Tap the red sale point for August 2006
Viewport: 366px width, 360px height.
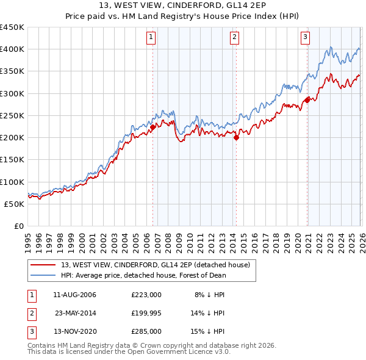pyautogui.click(x=153, y=127)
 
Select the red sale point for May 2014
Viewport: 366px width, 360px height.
pyautogui.click(x=236, y=137)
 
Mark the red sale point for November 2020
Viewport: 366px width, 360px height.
pyautogui.click(x=307, y=100)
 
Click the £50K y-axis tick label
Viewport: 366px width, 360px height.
pyautogui.click(x=14, y=204)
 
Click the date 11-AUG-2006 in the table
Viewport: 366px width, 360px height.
pyautogui.click(x=74, y=295)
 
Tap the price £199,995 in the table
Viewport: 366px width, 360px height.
pyautogui.click(x=146, y=312)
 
